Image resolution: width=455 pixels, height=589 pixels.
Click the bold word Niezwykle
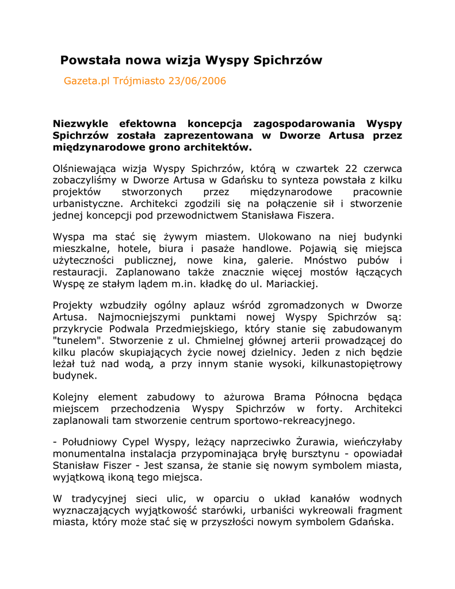click(x=79, y=124)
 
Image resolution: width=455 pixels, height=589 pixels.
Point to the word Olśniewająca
click(x=85, y=169)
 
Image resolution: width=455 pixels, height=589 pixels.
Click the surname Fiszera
click(x=313, y=216)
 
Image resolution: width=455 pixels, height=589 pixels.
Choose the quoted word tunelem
click(x=74, y=341)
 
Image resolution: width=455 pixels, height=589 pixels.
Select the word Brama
click(x=289, y=397)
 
